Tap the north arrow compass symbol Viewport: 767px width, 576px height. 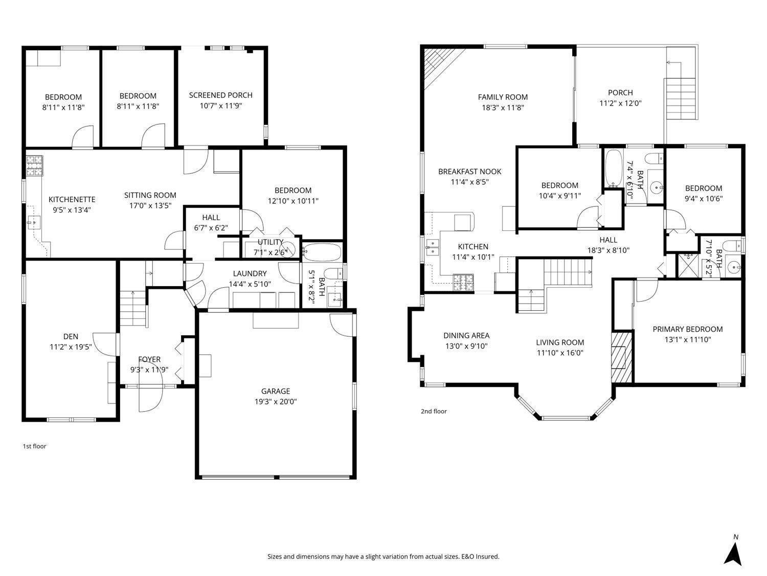click(735, 553)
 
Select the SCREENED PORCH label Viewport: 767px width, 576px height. click(220, 95)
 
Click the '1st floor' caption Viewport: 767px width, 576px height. click(34, 446)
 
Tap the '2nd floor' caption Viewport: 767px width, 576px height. click(434, 411)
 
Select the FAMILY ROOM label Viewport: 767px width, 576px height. click(503, 97)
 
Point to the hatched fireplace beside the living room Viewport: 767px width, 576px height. click(622, 357)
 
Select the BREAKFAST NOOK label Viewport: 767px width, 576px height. click(469, 172)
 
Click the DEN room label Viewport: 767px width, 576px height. click(71, 336)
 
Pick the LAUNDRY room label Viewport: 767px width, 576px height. click(250, 273)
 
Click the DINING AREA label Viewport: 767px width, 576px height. click(466, 336)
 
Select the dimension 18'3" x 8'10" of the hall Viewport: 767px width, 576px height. click(608, 250)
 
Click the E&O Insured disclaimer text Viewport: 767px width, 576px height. click(383, 557)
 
